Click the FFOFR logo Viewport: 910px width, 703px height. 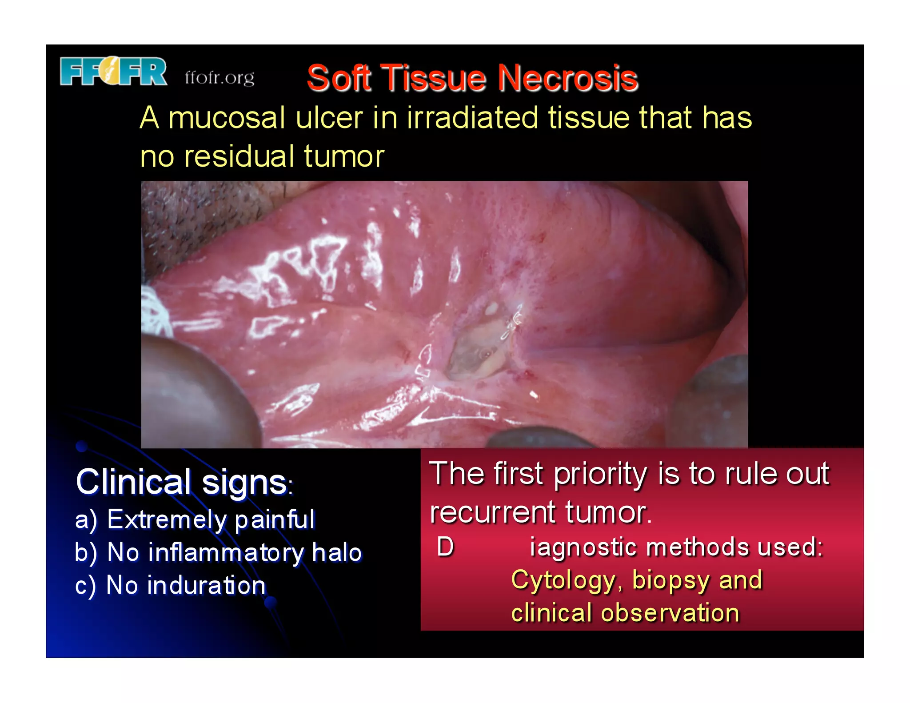click(x=114, y=71)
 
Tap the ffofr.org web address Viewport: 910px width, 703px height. click(x=220, y=78)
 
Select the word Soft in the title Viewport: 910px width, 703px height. click(x=339, y=78)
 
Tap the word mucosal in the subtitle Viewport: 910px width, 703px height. click(x=227, y=118)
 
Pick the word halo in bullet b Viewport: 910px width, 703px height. click(x=337, y=552)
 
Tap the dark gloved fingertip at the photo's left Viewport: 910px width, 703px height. click(x=196, y=391)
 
